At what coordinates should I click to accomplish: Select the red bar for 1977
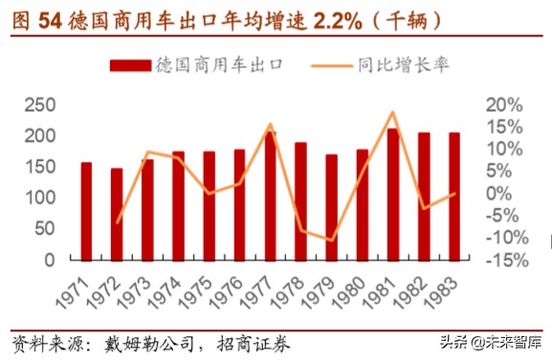[x=270, y=195]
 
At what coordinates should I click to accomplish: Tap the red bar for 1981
[x=392, y=193]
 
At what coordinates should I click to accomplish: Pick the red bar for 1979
[x=331, y=207]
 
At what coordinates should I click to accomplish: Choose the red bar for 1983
[x=453, y=195]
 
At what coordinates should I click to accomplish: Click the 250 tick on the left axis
[x=39, y=104]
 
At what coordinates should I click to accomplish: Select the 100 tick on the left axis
[x=39, y=198]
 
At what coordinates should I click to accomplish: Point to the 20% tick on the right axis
[x=503, y=104]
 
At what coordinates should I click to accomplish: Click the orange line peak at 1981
[x=392, y=112]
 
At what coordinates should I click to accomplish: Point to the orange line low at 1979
[x=331, y=240]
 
